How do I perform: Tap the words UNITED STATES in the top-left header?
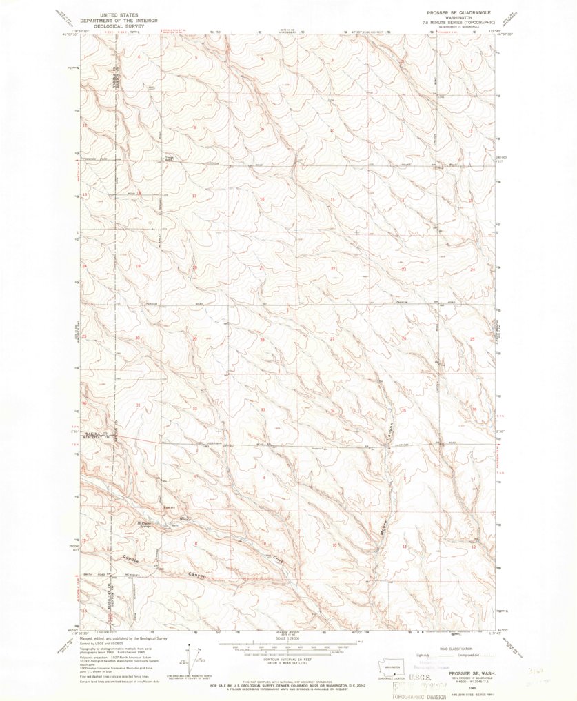pos(119,14)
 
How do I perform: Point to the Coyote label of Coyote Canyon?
pos(131,558)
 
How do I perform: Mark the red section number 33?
pos(263,409)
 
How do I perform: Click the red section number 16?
pos(262,199)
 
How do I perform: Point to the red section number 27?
pos(332,339)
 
